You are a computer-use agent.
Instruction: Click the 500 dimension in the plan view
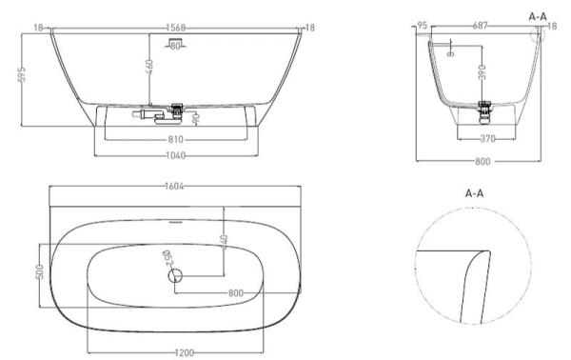[40, 273]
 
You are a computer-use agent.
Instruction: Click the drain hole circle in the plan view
[175, 276]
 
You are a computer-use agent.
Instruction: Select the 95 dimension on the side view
[422, 28]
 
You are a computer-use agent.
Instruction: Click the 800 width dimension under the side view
[483, 161]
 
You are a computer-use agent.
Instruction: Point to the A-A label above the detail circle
[476, 192]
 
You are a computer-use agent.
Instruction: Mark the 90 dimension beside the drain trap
[195, 118]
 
